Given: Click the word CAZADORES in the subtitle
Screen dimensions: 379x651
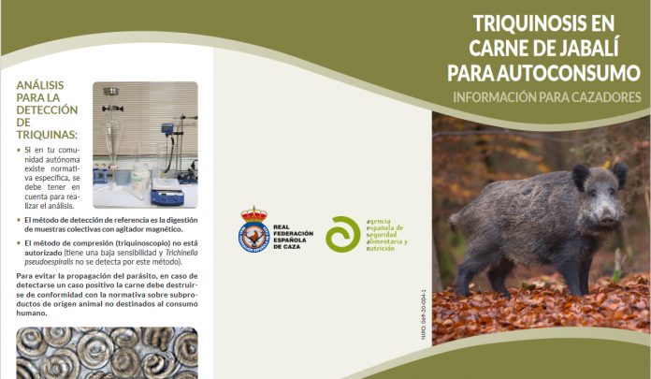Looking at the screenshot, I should pyautogui.click(x=596, y=96).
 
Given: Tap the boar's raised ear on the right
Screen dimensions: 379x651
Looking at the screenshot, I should pyautogui.click(x=618, y=173).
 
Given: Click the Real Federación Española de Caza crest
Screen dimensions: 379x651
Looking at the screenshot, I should pyautogui.click(x=253, y=229).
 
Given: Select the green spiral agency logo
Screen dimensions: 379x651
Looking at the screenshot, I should pyautogui.click(x=341, y=234).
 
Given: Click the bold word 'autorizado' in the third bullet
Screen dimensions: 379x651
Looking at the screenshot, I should pyautogui.click(x=41, y=253).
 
